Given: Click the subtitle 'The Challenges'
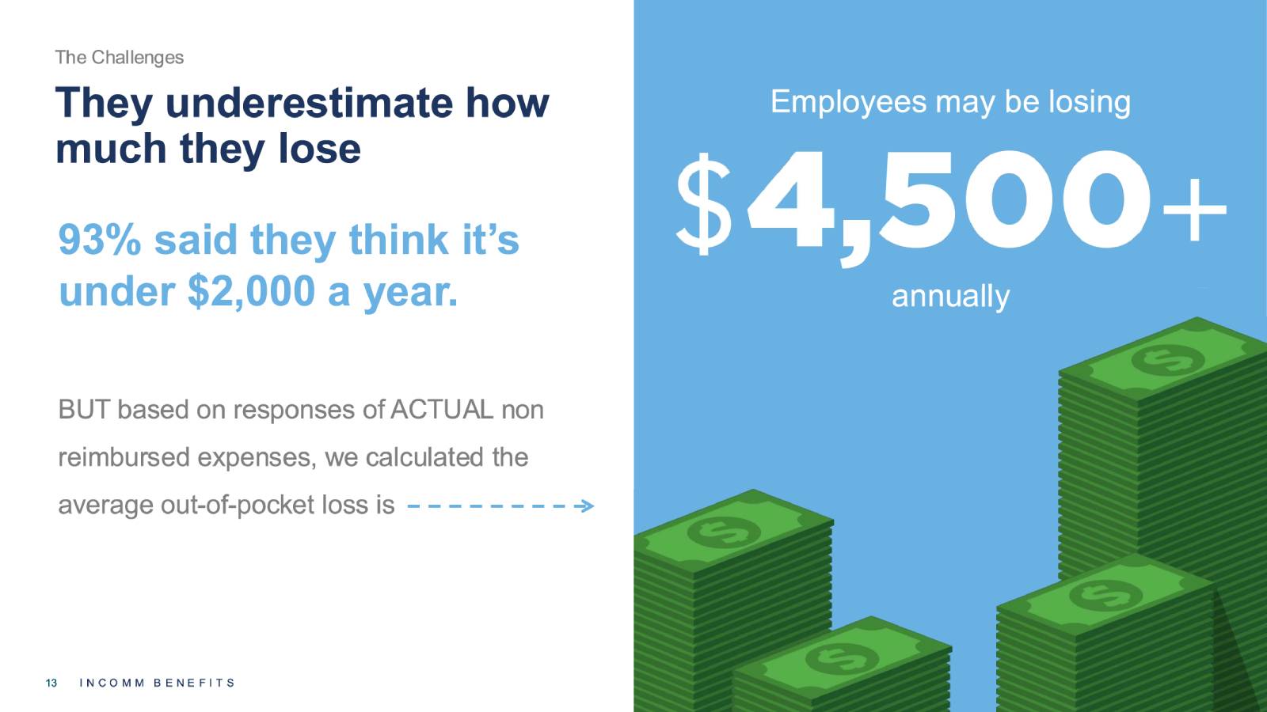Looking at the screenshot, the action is coord(120,58).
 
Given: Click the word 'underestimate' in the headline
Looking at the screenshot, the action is coord(310,103).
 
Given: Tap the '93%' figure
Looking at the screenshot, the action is coord(100,240).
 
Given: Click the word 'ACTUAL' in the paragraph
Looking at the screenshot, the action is coord(441,410).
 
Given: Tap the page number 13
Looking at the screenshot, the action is coord(51,684).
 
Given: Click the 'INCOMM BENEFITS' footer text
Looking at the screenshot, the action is coord(158,684).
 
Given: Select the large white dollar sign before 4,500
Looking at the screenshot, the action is coord(704,204).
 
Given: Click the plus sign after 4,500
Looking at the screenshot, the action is coord(1194,210).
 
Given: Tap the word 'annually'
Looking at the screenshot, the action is coord(950,297).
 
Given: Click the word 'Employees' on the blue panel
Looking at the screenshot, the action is coord(848,104).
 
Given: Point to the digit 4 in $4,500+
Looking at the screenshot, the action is coord(792,200).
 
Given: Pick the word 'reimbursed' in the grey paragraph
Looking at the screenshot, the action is coord(124,457).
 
